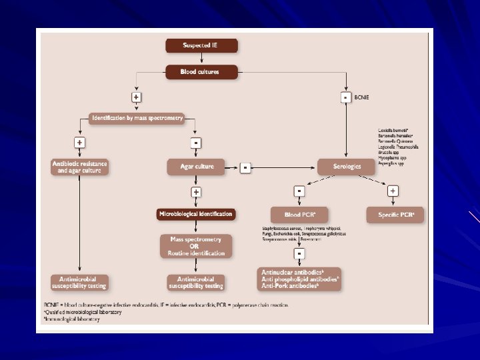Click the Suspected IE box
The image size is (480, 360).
pyautogui.click(x=201, y=45)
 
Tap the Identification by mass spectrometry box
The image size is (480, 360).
pyautogui.click(x=136, y=119)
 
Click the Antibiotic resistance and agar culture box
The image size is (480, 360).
pyautogui.click(x=80, y=167)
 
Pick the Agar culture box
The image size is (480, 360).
pyautogui.click(x=197, y=167)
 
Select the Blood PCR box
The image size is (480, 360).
pyautogui.click(x=299, y=215)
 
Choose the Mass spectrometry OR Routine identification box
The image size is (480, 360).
pyautogui.click(x=196, y=245)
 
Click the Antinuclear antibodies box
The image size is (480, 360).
pyautogui.click(x=299, y=278)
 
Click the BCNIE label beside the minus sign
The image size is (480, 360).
pyautogui.click(x=361, y=97)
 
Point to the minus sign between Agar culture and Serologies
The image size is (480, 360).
pyautogui.click(x=245, y=167)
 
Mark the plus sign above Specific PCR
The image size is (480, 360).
pyautogui.click(x=393, y=191)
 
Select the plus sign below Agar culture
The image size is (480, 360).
pyautogui.click(x=196, y=192)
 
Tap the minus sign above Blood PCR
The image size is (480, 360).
pyautogui.click(x=299, y=191)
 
